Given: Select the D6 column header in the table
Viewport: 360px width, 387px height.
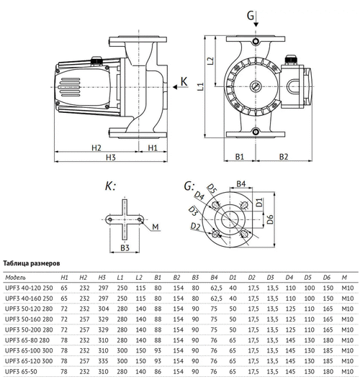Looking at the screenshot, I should coord(327,277).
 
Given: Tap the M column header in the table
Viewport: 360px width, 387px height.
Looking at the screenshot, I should coord(345,277).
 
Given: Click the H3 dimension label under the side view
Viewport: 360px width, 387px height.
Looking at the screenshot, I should coord(110,157).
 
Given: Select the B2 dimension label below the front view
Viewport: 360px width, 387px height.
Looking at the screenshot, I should coord(284,155).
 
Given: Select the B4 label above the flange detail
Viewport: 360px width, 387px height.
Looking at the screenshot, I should coord(242,185).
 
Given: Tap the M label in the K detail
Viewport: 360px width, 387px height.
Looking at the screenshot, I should coord(156,228).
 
